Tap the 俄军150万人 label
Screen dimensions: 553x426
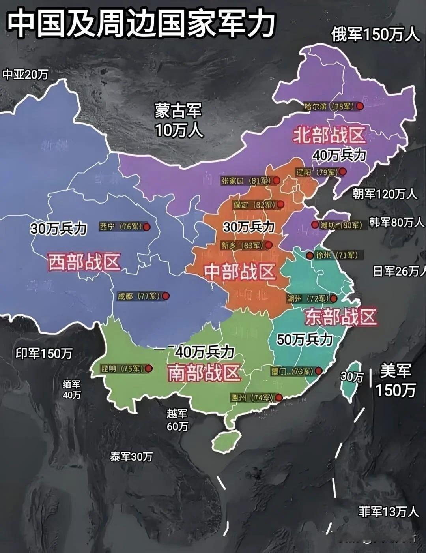[x=375, y=35]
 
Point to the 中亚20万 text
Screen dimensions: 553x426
[x=25, y=74]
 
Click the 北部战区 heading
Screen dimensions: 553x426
[x=330, y=136]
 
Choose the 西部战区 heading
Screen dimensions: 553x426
[x=84, y=262]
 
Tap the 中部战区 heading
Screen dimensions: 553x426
[x=239, y=272]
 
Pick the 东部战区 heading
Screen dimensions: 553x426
[x=341, y=317]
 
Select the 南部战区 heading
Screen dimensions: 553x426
[x=204, y=373]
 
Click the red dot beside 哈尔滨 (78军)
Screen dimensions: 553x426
[x=360, y=106]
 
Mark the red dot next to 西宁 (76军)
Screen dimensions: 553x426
[x=146, y=227]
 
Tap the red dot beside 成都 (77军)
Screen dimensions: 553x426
[x=166, y=296]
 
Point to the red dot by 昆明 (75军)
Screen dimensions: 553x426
[x=149, y=369]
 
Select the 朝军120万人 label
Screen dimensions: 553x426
[x=385, y=194]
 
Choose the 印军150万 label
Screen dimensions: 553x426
[x=44, y=353]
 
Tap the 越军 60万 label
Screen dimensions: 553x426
[x=177, y=420]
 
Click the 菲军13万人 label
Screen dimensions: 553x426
[x=388, y=512]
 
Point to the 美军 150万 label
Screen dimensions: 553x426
[x=396, y=380]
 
